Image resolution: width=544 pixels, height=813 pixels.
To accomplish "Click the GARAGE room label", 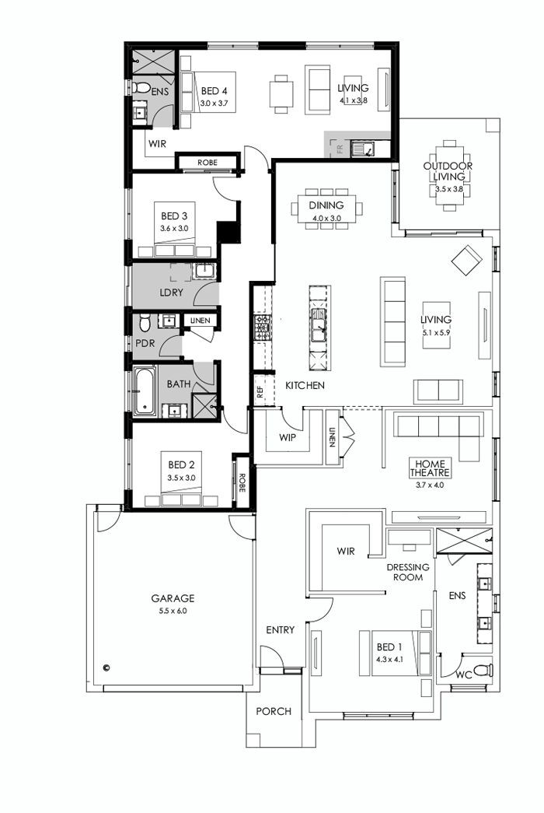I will tap(173, 598).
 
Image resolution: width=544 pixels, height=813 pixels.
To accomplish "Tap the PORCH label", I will tap(273, 711).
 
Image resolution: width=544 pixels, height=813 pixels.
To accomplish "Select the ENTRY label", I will tap(280, 629).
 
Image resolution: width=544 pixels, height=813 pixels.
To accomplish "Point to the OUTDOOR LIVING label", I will tap(448, 171).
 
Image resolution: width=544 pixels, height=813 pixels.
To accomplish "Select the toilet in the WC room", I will tap(481, 669).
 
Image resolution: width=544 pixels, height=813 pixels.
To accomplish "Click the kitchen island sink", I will tap(319, 324).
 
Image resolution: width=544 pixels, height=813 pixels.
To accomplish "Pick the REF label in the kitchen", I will tap(260, 391).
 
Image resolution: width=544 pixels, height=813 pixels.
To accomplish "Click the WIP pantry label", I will tap(287, 437).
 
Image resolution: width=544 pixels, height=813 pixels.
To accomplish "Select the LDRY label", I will tap(170, 293).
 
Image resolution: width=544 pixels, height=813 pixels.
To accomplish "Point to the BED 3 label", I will tap(174, 216).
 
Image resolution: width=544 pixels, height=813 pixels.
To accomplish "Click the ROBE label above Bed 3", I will tap(207, 163).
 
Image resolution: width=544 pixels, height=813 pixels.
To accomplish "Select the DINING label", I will tap(326, 205).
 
